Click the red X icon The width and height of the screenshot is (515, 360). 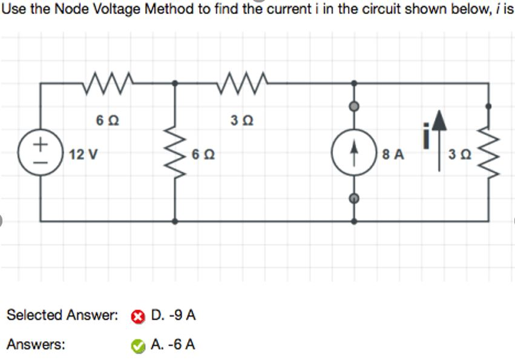click(139, 316)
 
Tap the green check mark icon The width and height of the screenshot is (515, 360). click(139, 345)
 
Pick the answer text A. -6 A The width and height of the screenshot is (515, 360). click(172, 345)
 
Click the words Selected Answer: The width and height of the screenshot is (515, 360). click(61, 315)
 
